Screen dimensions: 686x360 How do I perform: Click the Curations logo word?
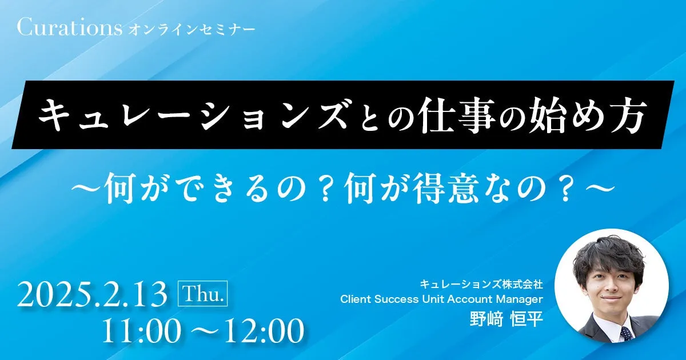pos(70,27)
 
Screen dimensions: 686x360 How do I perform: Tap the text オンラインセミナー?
pos(192,30)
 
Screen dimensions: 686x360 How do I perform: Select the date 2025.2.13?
pos(92,294)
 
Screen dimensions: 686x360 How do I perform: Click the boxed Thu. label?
pos(203,293)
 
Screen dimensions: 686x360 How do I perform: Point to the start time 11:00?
pos(141,330)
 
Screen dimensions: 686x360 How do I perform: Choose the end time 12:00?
pos(264,330)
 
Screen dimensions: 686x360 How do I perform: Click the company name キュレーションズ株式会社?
pos(481,285)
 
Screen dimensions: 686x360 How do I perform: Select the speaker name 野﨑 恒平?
pos(506,319)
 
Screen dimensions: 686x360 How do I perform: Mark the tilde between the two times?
pos(202,331)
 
